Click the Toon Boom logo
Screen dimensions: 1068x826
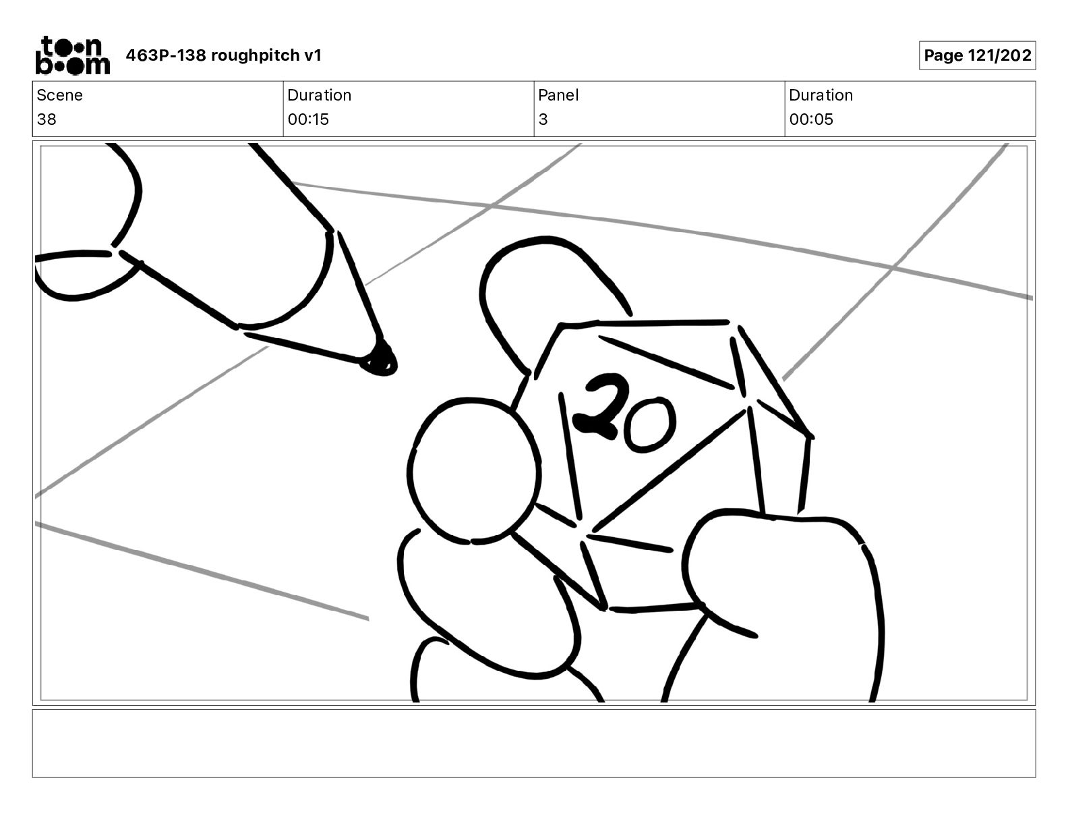tap(73, 55)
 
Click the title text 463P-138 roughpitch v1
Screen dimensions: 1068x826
tap(224, 55)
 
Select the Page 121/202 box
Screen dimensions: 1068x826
tap(977, 55)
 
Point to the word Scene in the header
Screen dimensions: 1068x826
tap(59, 95)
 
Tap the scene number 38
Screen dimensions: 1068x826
tap(47, 119)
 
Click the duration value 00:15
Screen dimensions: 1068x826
tap(308, 119)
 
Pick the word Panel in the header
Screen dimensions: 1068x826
tap(558, 95)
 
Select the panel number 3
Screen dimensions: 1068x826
tap(543, 119)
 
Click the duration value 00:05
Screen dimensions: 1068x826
tap(811, 119)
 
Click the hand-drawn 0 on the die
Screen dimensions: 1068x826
tap(650, 424)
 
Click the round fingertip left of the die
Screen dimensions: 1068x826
tap(474, 471)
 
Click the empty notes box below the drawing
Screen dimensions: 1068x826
tap(534, 744)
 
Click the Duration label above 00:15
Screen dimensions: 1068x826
tap(320, 95)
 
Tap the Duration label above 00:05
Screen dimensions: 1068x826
tap(821, 95)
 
